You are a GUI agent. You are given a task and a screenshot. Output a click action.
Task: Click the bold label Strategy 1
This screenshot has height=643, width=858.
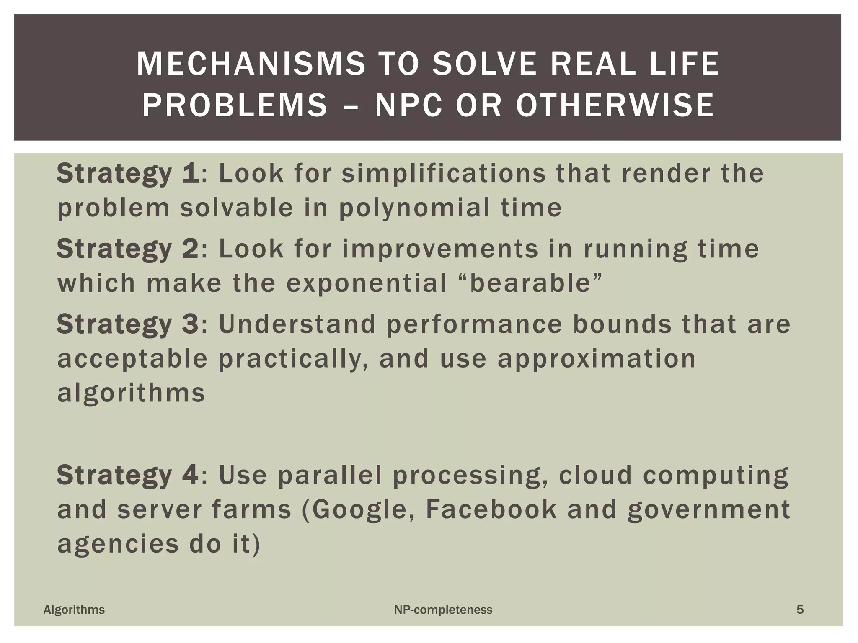pos(128,173)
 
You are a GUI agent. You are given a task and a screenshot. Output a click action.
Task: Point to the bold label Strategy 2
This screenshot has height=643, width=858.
pos(128,249)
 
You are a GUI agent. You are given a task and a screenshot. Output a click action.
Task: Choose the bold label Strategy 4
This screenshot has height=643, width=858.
pos(128,475)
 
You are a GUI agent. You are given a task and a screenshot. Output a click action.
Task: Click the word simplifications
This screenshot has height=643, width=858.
pos(444,173)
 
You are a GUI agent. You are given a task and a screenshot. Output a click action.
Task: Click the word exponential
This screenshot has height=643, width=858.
pos(367,284)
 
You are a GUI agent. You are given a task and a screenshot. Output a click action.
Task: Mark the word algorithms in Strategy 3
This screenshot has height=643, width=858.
pos(131,394)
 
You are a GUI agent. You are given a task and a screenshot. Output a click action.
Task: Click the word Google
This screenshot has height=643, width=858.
pos(359,510)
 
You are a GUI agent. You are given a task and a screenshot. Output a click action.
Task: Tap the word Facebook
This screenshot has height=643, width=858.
pos(491,509)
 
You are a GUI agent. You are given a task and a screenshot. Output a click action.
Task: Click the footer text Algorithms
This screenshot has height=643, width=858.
pos(74,610)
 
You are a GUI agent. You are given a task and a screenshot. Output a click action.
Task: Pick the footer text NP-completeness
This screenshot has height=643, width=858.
pos(443,610)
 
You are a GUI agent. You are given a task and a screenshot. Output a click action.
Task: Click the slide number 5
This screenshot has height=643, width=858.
pos(800,610)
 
